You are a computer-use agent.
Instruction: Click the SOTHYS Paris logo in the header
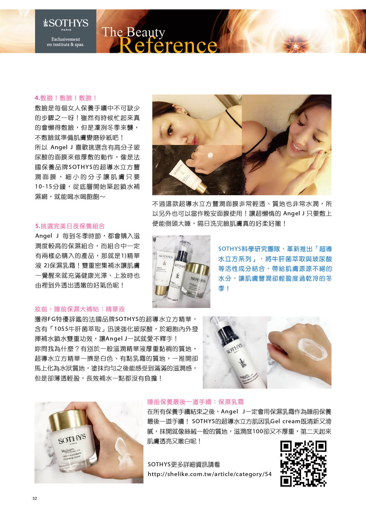pos(66,24)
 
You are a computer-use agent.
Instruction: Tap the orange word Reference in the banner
pos(168,45)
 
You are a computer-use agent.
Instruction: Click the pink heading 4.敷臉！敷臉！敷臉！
pos(66,98)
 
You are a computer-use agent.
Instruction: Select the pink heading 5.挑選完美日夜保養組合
pos(70,226)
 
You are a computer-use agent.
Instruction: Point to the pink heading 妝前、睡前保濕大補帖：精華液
pos(80,309)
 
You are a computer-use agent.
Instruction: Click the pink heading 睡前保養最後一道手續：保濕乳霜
pos(195,402)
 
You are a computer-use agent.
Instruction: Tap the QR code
pos(303,464)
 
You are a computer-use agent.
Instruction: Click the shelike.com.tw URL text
pos(210,474)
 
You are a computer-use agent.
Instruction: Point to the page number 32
pos(35,499)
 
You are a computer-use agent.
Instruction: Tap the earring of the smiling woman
pos(326,153)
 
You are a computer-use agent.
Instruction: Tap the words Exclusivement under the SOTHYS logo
pos(66,39)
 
